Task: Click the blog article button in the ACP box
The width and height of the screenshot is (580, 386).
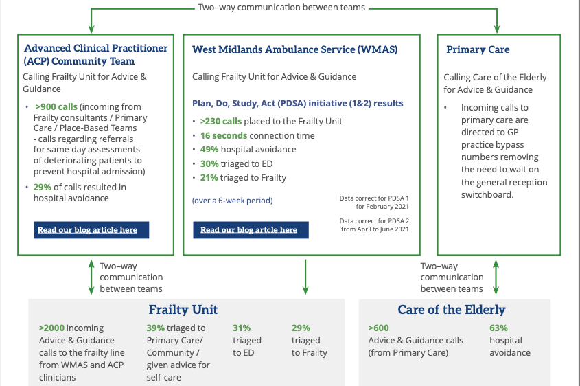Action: click(91, 229)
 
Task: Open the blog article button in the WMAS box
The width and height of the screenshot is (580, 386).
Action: click(251, 229)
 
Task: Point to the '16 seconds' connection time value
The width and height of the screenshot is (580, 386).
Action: click(220, 135)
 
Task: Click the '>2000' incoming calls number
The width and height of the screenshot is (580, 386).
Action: click(51, 328)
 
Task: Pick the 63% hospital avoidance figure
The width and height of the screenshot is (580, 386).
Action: click(498, 328)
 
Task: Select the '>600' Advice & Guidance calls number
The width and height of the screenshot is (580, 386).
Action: click(378, 328)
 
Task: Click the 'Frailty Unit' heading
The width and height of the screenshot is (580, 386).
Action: click(183, 310)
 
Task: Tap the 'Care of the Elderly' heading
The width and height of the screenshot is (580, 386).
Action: click(452, 310)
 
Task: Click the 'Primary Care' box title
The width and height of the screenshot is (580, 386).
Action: click(478, 49)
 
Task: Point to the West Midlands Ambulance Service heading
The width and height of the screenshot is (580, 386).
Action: click(294, 49)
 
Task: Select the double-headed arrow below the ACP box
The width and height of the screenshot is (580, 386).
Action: click(91, 276)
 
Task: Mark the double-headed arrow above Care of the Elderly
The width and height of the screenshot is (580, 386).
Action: click(496, 276)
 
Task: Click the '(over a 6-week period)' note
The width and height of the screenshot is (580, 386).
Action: click(232, 201)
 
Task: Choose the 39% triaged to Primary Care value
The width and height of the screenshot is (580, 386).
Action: click(155, 328)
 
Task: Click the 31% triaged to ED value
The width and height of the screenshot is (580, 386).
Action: click(242, 328)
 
